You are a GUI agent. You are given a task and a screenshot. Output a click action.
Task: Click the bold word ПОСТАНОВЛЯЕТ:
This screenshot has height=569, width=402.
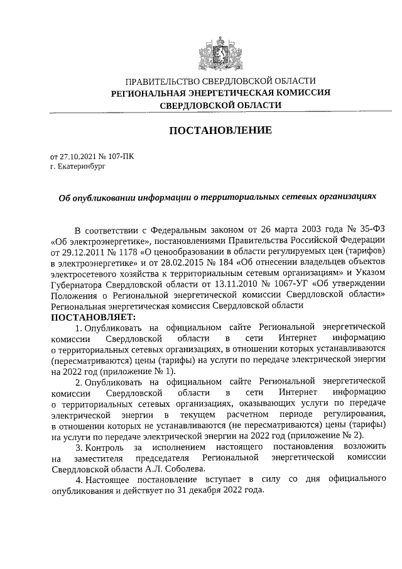[92, 317]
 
